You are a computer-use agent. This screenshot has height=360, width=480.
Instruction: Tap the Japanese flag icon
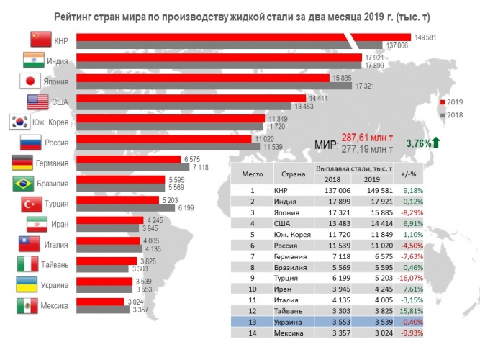pos(31,81)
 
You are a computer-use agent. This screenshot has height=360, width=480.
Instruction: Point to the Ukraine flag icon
pos(27,284)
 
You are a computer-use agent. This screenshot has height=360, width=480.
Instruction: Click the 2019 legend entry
pos(453,102)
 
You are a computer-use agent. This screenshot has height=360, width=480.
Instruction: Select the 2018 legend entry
pos(453,114)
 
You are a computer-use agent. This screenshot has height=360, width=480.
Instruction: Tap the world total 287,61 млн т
pos(367,137)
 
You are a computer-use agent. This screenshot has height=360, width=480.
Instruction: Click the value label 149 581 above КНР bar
pos(422,37)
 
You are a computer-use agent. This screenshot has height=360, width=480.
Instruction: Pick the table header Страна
pos(293,173)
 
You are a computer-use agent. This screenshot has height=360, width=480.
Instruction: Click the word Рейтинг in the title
pos(76,15)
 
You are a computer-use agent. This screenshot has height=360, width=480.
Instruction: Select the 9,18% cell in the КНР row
pos(412,190)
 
